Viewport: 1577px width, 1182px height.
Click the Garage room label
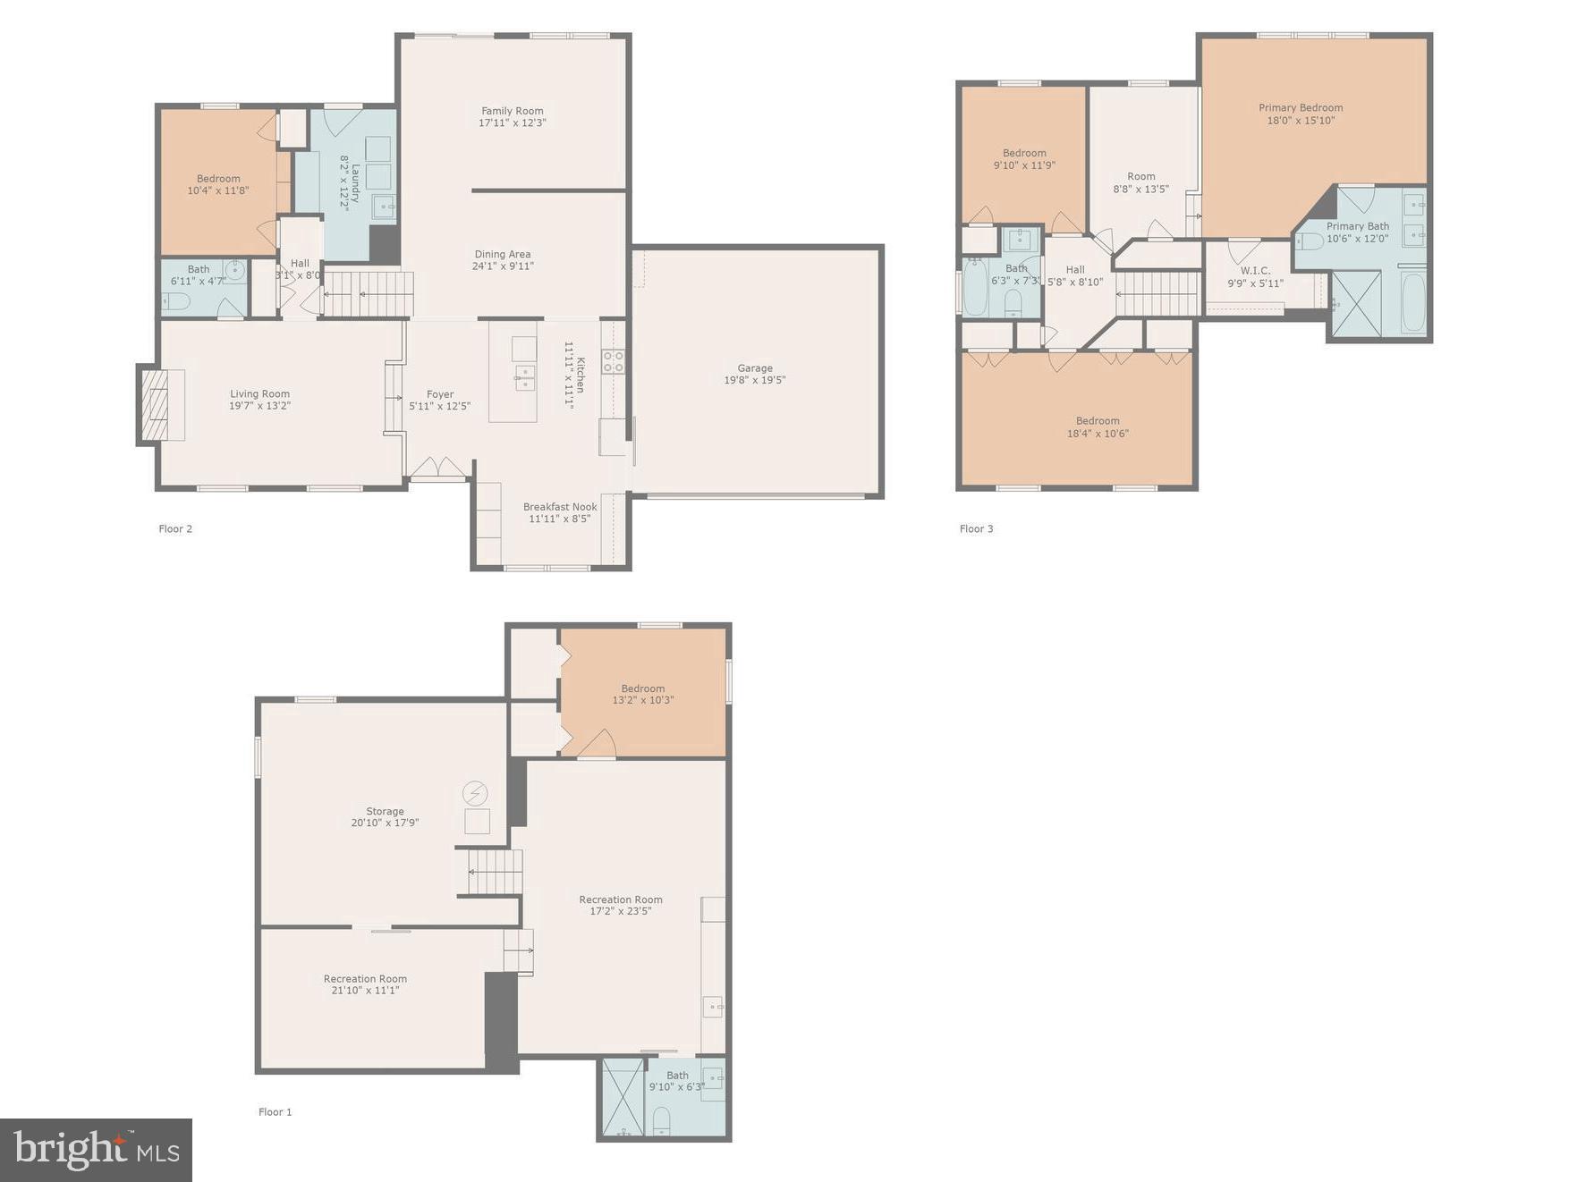click(754, 367)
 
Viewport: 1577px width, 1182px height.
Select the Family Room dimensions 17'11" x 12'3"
click(512, 123)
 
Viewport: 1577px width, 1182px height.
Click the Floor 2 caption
click(175, 529)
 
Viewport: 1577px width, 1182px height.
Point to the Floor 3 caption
click(976, 529)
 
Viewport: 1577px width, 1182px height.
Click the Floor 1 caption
click(275, 1112)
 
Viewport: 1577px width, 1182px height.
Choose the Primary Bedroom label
click(1300, 108)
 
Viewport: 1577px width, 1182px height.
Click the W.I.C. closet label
click(1254, 271)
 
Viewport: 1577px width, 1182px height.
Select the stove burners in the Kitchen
click(613, 362)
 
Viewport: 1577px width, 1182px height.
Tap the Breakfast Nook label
click(560, 507)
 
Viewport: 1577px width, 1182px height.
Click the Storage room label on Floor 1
click(385, 812)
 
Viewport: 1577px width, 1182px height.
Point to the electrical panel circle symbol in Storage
click(476, 793)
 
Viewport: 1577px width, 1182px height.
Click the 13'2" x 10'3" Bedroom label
click(642, 695)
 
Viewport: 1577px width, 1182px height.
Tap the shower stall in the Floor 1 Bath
click(621, 1097)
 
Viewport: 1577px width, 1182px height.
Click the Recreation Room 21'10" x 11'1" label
click(365, 984)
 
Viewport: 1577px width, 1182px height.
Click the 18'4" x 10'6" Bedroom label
click(1097, 427)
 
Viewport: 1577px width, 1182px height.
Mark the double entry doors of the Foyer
click(438, 469)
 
